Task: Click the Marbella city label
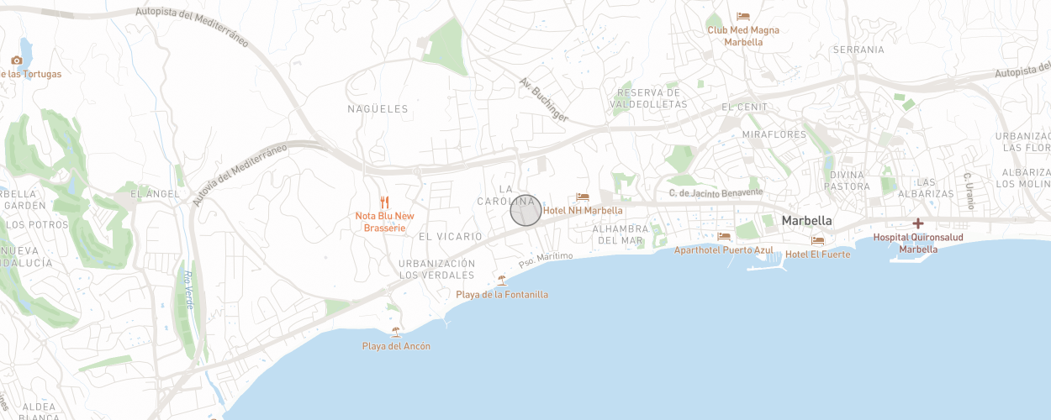806,221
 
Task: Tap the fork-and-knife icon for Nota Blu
384,202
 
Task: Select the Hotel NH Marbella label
583,211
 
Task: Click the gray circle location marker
525,211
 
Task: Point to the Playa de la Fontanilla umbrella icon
502,281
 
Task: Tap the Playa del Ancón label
396,346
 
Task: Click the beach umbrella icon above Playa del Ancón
396,332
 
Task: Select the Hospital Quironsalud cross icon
917,223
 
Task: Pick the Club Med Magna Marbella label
742,36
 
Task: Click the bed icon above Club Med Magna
742,17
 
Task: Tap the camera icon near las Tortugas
17,60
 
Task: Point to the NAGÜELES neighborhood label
378,109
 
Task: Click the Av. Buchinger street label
543,100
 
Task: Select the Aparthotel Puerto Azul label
723,250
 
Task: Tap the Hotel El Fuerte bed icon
817,241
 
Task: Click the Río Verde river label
188,290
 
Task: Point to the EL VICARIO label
451,237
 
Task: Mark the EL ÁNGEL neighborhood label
155,194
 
